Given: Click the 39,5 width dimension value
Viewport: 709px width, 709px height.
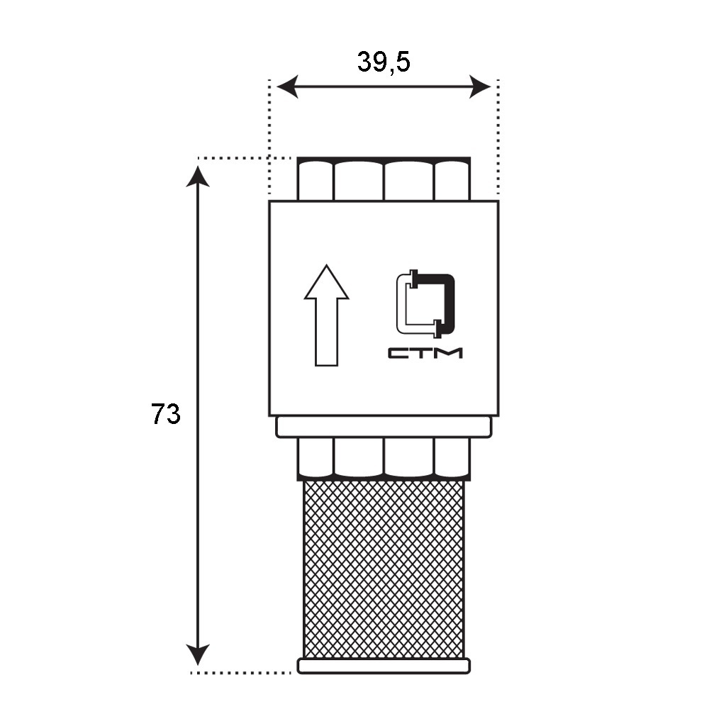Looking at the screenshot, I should point(384,62).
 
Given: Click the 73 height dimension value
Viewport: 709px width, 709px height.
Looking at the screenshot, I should point(166,413).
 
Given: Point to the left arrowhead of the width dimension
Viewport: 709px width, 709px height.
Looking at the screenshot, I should point(286,87).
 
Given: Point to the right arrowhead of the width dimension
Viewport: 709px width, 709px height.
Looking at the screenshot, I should point(481,87).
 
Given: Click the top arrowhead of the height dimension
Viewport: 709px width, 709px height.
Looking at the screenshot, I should point(198,174).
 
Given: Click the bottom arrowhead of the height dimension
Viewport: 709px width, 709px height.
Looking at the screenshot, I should point(198,655).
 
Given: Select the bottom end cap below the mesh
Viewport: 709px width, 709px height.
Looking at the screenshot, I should point(384,666).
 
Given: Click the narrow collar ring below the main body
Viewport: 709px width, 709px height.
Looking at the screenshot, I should point(384,427).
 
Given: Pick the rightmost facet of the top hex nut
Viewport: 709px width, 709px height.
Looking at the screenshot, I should point(452,180).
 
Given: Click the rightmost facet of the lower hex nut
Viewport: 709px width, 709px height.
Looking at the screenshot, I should point(452,457).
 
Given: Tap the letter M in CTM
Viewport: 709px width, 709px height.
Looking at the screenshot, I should point(450,352).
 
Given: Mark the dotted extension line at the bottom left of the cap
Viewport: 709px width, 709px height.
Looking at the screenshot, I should point(241,671).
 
